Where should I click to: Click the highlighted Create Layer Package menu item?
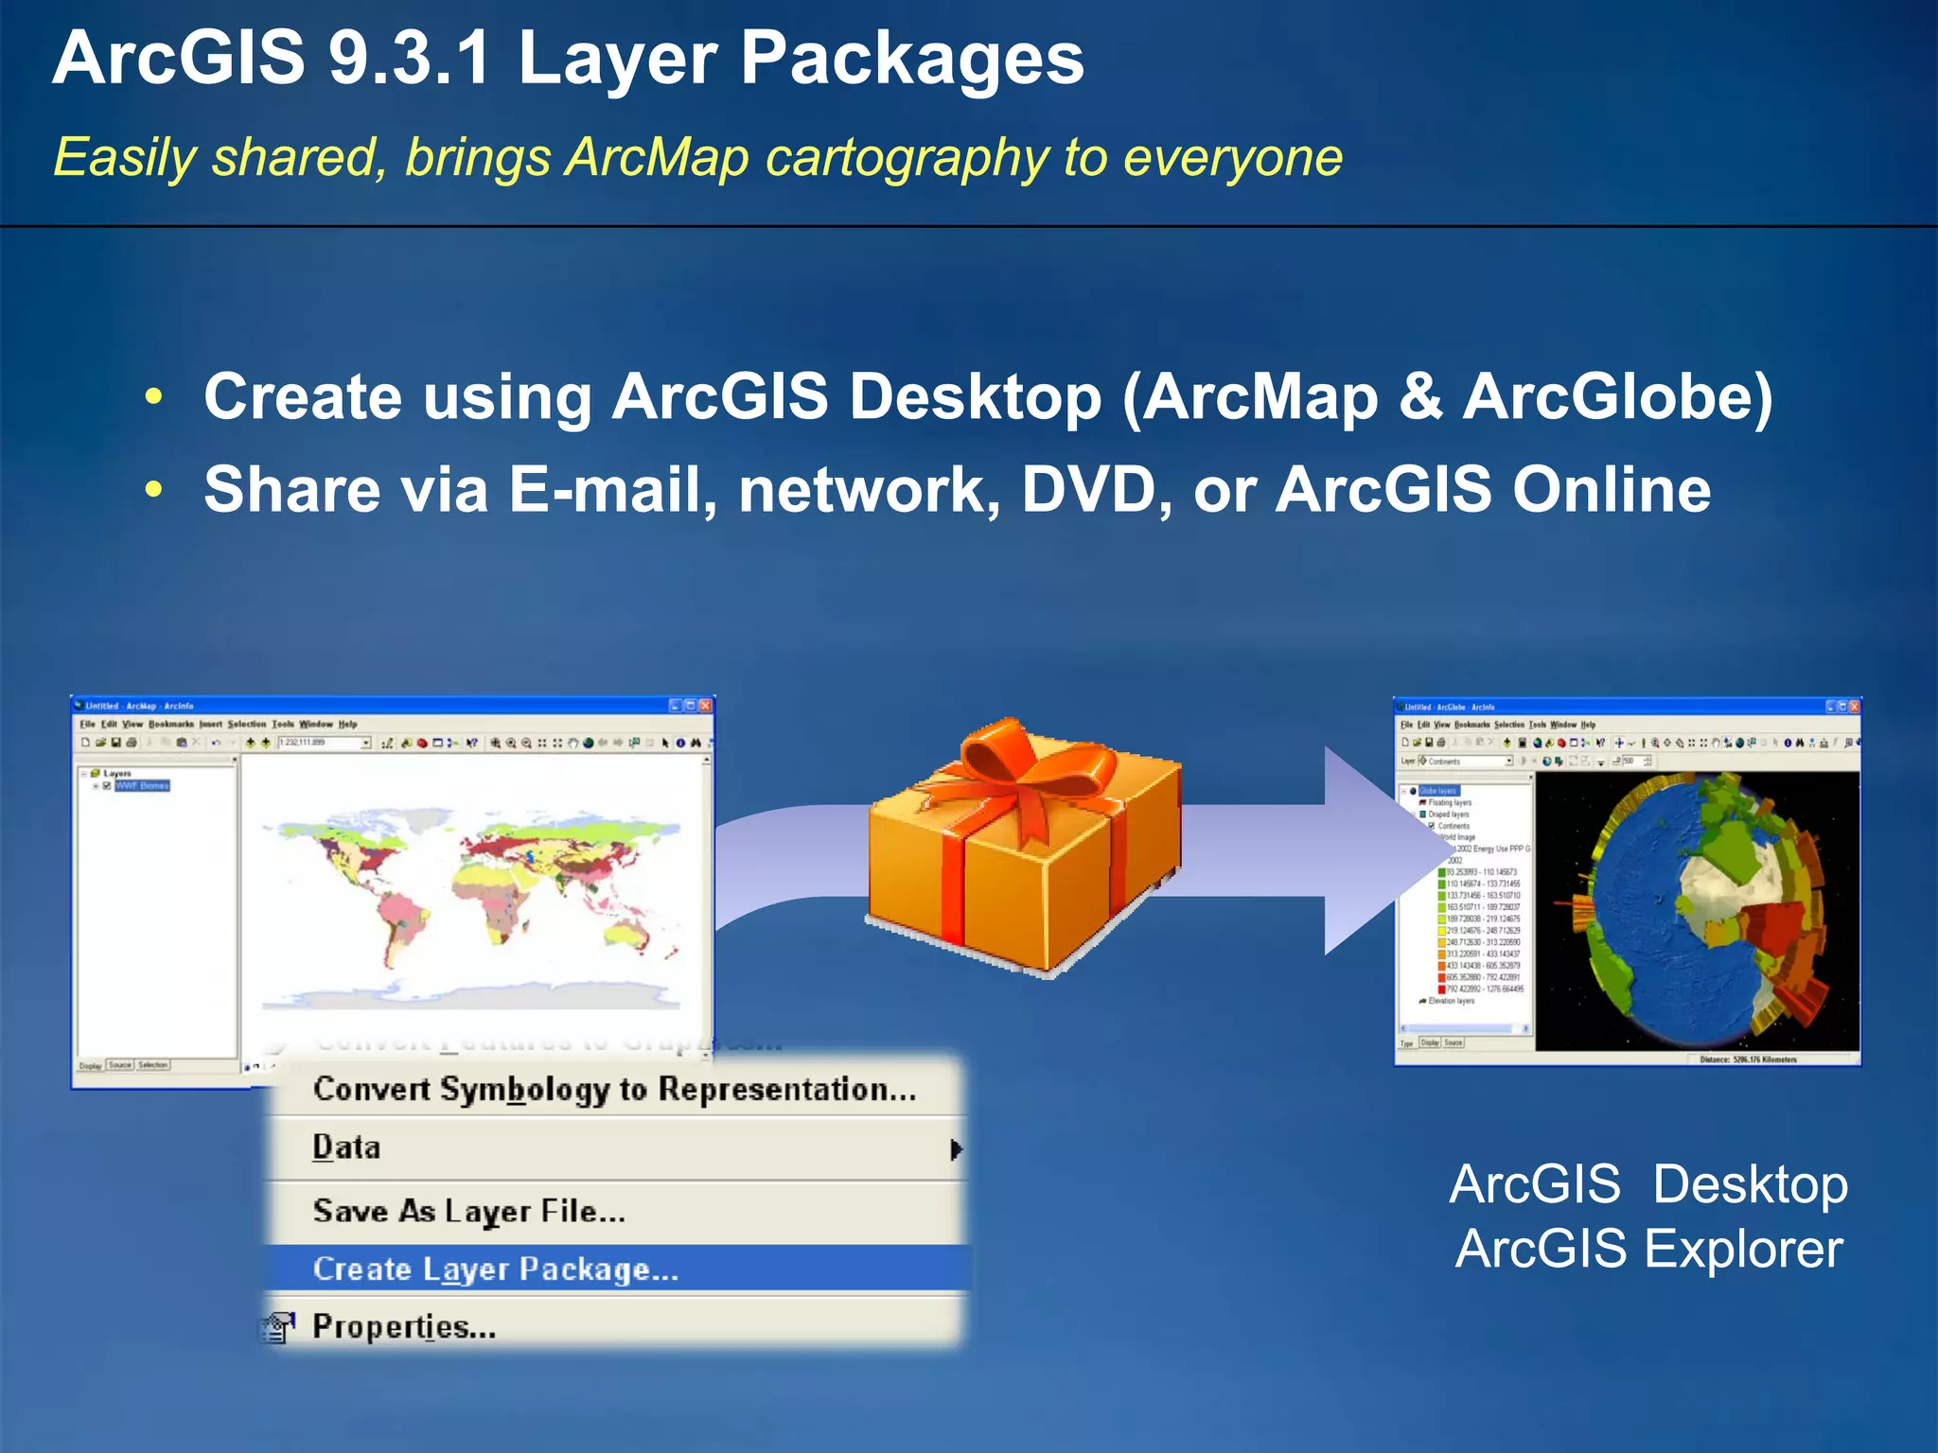pos(496,1269)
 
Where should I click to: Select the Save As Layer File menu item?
pos(469,1211)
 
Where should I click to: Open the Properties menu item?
pos(404,1326)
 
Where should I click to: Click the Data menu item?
pos(346,1147)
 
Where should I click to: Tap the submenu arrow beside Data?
pos(956,1149)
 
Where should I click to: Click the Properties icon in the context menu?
pos(278,1327)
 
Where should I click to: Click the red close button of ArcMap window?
pos(705,706)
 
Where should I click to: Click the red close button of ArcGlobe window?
pos(1854,707)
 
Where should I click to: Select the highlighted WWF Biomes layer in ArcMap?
pos(142,785)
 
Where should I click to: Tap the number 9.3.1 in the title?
pos(409,59)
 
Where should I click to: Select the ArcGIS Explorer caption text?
pos(1648,1249)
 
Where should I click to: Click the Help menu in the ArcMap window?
pos(348,725)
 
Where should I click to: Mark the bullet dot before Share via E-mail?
pos(154,490)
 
